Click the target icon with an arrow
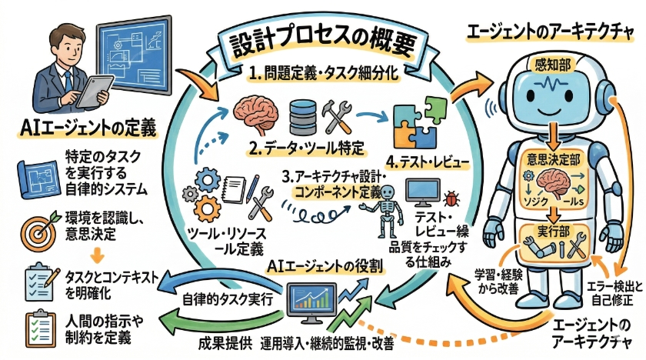(x=36, y=222)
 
